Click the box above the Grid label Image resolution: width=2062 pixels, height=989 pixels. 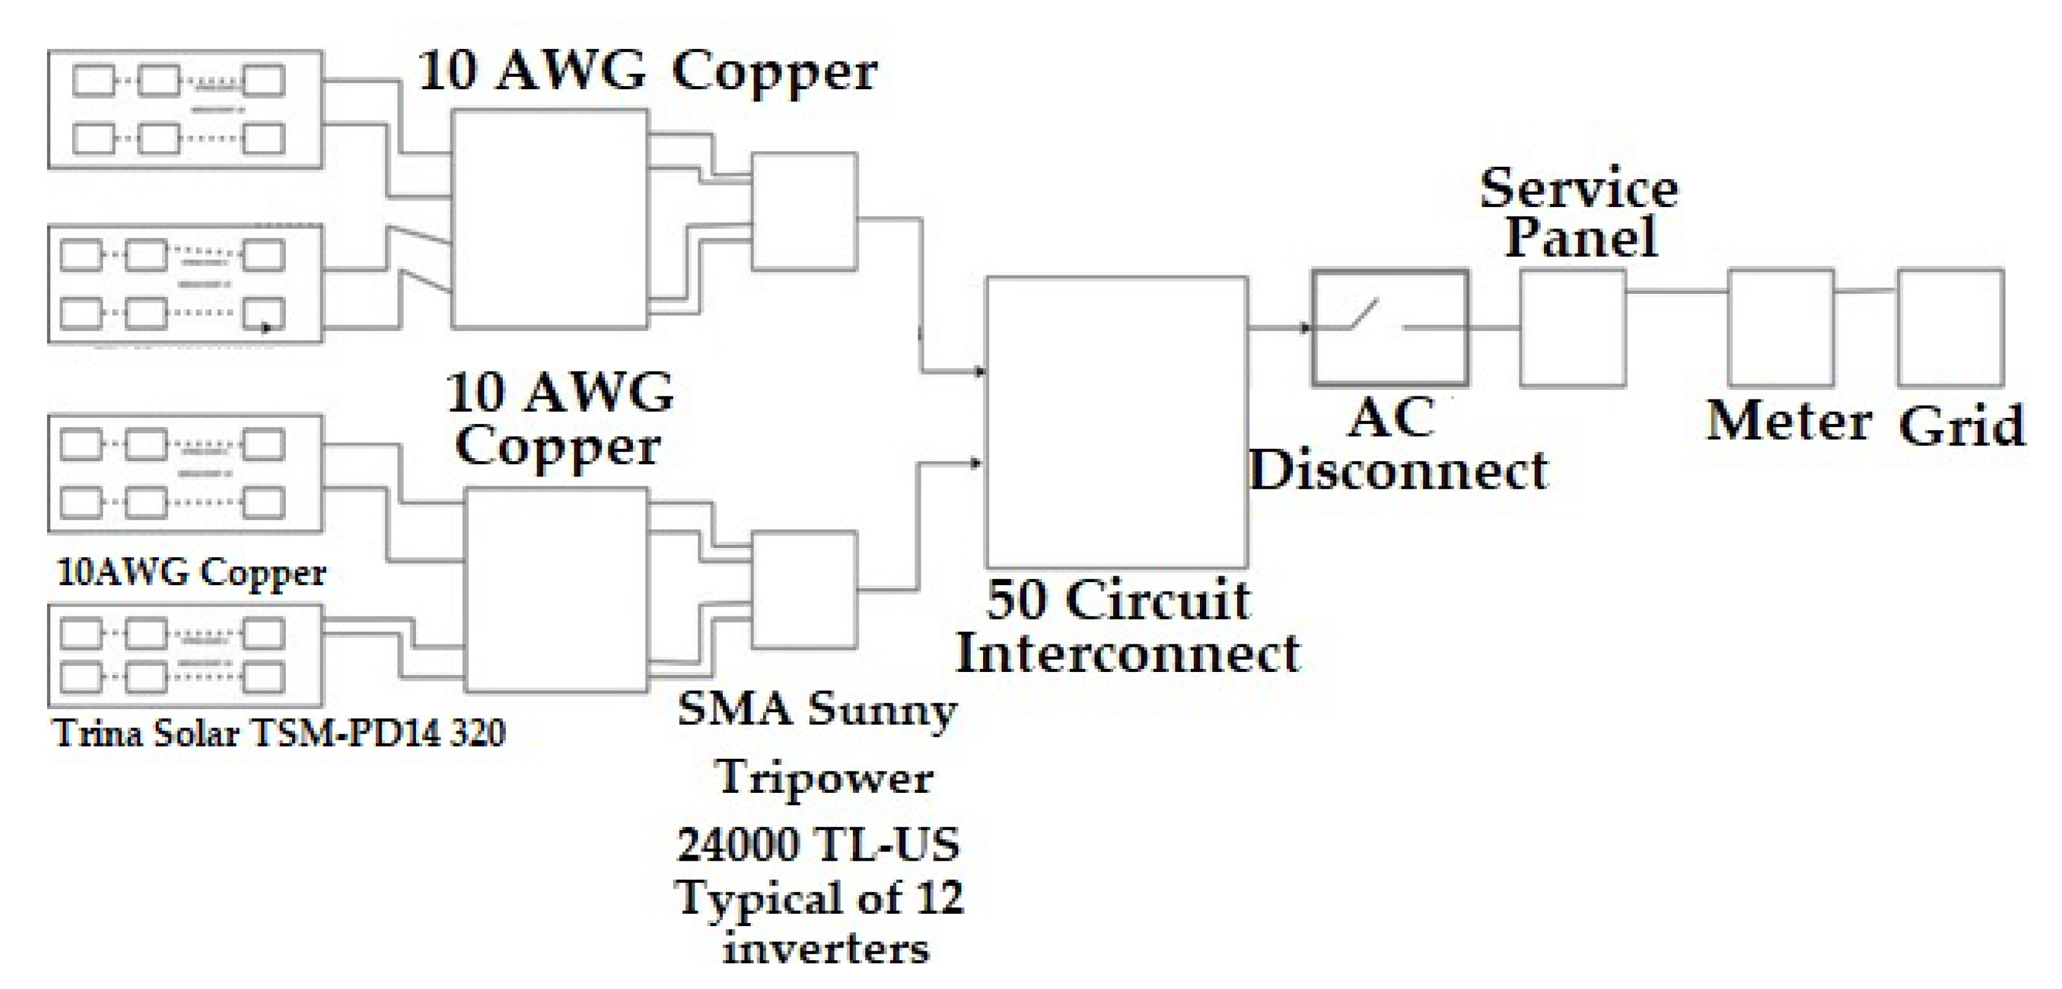click(x=1950, y=328)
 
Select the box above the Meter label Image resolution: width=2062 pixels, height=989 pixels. click(x=1780, y=328)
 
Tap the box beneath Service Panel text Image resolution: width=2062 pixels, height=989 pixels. click(x=1572, y=328)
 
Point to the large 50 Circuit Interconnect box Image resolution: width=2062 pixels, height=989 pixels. click(x=1116, y=423)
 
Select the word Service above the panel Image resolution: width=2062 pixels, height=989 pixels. click(x=1579, y=189)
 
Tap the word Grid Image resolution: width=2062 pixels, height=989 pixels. click(x=1961, y=426)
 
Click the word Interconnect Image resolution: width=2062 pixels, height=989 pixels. click(x=1127, y=653)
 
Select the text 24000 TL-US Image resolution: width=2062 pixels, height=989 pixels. click(x=818, y=845)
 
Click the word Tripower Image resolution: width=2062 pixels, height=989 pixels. click(x=824, y=778)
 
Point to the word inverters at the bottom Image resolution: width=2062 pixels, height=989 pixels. click(x=826, y=949)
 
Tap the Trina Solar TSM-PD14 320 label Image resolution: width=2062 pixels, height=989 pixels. click(x=279, y=733)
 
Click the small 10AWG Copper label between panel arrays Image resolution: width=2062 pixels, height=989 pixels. click(x=192, y=573)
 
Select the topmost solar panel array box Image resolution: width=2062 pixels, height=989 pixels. click(x=186, y=109)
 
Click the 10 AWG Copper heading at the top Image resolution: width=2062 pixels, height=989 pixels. click(x=647, y=72)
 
